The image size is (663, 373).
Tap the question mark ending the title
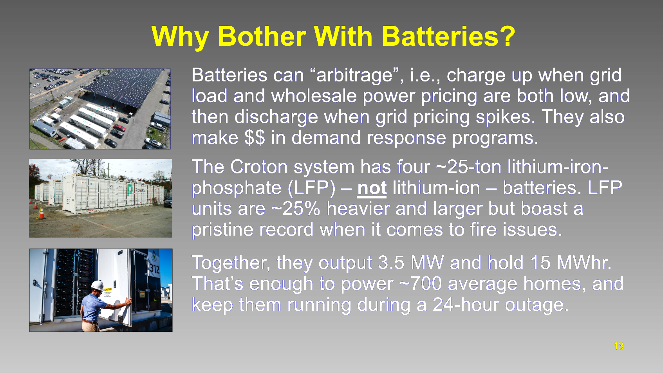pyautogui.click(x=507, y=36)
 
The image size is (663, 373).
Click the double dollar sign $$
pyautogui.click(x=255, y=138)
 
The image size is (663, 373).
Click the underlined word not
pyautogui.click(x=372, y=188)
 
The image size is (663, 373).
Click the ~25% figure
pyautogui.click(x=296, y=209)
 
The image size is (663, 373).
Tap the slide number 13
pyautogui.click(x=619, y=346)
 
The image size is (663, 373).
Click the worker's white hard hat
pyautogui.click(x=97, y=286)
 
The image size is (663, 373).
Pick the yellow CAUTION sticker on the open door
pyautogui.click(x=107, y=290)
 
